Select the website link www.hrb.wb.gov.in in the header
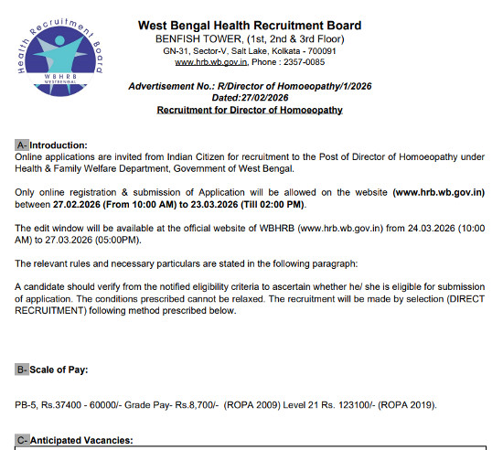(213, 62)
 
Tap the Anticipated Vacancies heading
(82, 440)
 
